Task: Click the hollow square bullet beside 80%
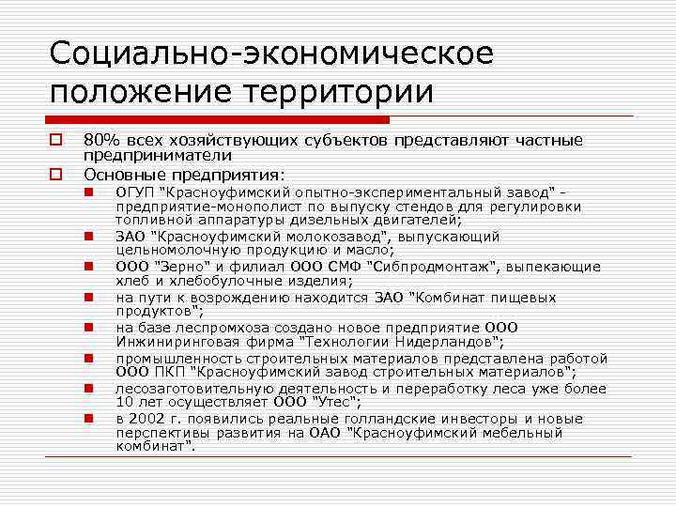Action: click(x=56, y=141)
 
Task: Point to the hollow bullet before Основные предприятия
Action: click(x=56, y=174)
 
